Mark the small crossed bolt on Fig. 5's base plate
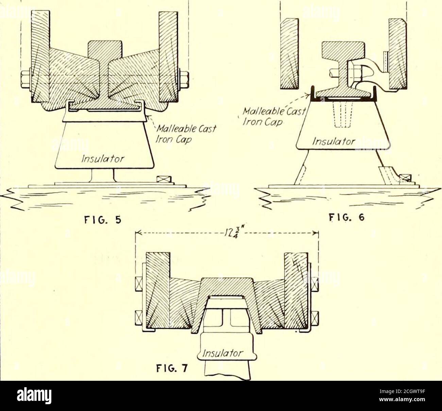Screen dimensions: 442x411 [164, 179]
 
